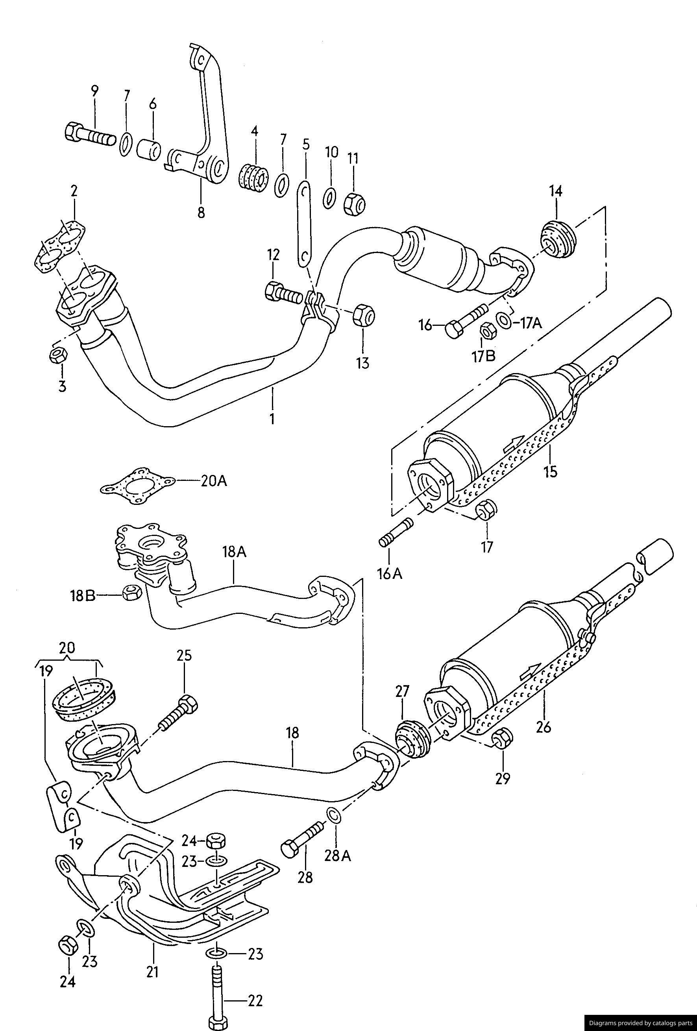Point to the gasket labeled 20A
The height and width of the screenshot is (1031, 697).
(x=137, y=487)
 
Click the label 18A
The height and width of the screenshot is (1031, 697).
(x=235, y=552)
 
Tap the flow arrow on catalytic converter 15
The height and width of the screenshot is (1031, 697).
(x=513, y=442)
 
